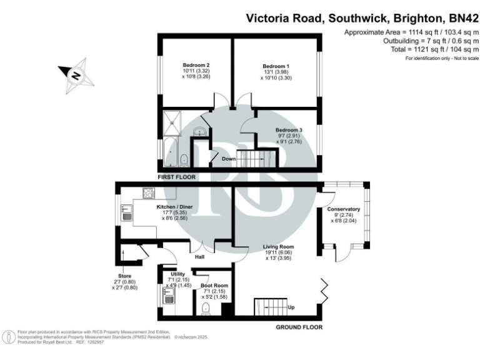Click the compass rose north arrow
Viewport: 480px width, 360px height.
[x=76, y=76]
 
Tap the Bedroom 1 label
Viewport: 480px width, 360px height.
[x=276, y=66]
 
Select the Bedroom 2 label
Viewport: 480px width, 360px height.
[x=195, y=66]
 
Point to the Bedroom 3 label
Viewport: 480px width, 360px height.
[x=289, y=130]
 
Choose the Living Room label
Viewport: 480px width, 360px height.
[x=276, y=248]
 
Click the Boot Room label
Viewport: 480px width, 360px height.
[x=214, y=286]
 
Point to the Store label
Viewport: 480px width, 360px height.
[x=123, y=275]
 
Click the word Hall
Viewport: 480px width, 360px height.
[x=200, y=257]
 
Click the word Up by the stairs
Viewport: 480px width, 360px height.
[x=291, y=307]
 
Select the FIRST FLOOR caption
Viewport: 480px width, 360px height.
[x=177, y=177]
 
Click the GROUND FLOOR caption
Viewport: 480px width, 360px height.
[x=299, y=327]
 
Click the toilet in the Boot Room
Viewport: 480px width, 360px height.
[x=208, y=308]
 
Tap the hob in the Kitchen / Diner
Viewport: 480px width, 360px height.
[x=149, y=192]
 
